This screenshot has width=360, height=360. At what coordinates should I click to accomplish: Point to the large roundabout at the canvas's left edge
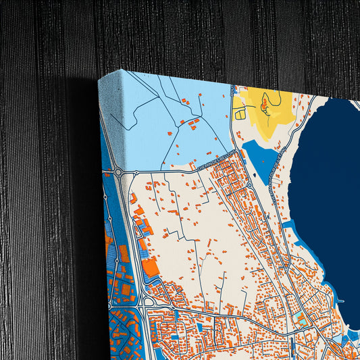[119, 173]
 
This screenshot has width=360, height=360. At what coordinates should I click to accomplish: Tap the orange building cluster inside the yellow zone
[264, 105]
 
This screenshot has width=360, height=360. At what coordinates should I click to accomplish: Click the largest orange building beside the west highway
[150, 267]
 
